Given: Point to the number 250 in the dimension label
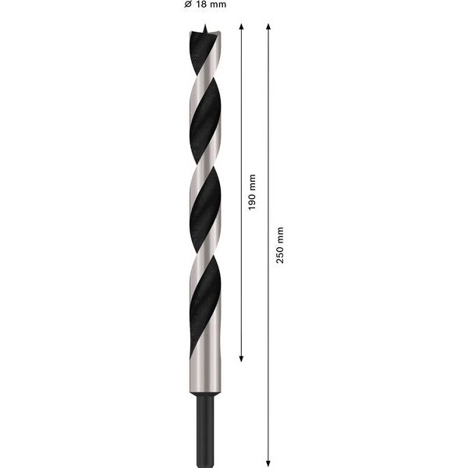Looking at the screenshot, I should point(279,254).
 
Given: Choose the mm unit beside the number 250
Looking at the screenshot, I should point(279,232).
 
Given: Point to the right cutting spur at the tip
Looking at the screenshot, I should point(215,36).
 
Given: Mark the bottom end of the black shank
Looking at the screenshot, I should point(204,462).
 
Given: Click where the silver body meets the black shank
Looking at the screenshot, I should point(204,396).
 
